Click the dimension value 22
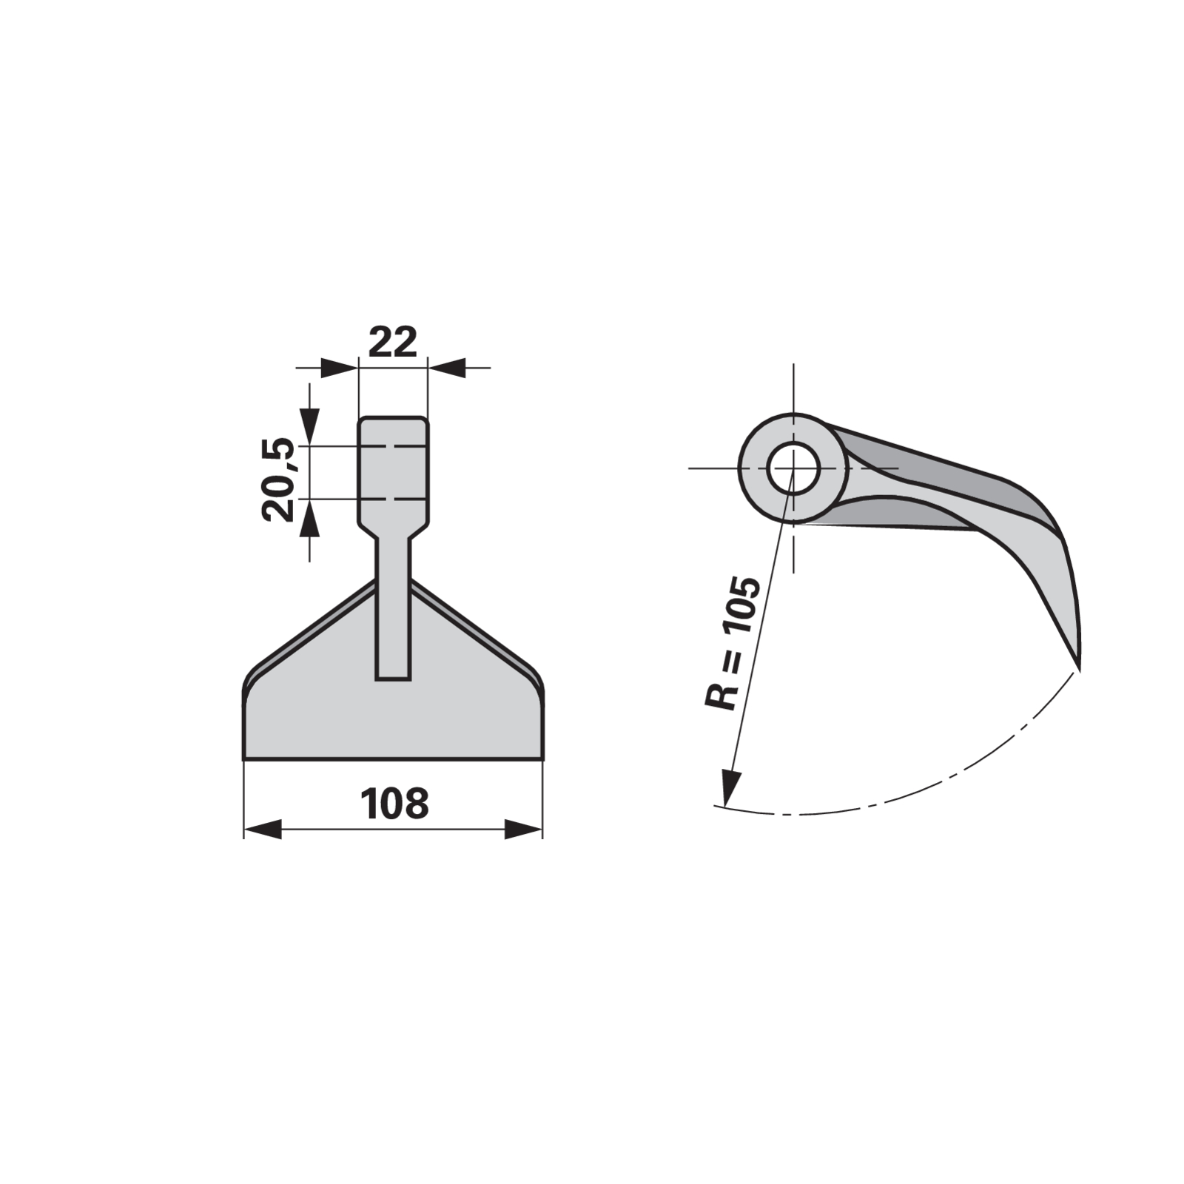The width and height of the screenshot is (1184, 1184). [x=392, y=342]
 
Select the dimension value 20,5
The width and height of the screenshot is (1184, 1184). [x=278, y=480]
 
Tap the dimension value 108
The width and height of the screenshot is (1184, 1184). [x=394, y=804]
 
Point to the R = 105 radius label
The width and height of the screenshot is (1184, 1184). [x=732, y=643]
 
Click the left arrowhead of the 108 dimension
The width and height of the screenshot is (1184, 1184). [x=263, y=829]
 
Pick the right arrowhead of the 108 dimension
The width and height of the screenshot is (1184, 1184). [x=523, y=829]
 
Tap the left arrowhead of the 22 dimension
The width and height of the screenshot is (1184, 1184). [x=339, y=367]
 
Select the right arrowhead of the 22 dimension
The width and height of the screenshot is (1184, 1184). [x=447, y=367]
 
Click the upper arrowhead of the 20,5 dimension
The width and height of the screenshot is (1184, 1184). [x=309, y=427]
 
